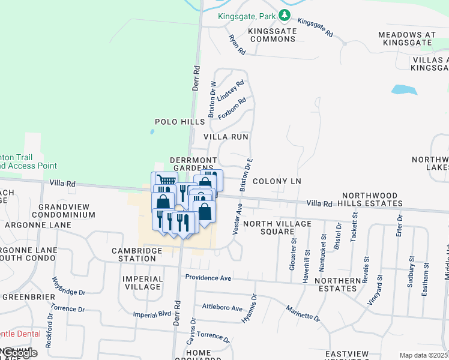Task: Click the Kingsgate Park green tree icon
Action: tap(286, 16)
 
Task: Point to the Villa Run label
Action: tap(226, 137)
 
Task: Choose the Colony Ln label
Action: tap(276, 181)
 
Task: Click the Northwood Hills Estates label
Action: tap(372, 200)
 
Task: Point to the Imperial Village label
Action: tap(142, 283)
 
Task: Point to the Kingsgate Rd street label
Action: tap(315, 28)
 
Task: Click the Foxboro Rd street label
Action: tap(232, 108)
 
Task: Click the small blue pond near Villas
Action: tap(404, 90)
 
